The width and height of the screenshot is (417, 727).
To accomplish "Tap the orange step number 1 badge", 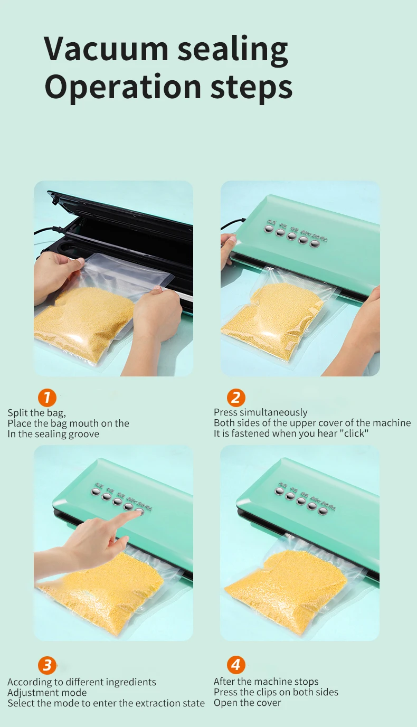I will tap(47, 397).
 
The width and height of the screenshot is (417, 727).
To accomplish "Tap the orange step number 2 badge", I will tap(236, 397).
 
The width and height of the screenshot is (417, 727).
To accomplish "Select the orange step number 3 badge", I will tap(47, 665).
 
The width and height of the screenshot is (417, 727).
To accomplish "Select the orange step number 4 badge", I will tap(236, 665).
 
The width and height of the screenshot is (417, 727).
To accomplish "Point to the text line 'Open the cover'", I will tap(247, 703).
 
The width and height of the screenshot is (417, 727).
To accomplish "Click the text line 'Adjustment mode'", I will tap(47, 692).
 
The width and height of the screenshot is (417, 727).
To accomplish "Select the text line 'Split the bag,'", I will tap(36, 413).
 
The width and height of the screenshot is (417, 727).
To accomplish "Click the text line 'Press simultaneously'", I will tap(260, 412).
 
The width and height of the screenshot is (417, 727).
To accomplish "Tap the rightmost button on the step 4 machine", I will tap(323, 510).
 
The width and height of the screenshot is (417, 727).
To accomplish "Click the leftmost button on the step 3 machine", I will tap(96, 492).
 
